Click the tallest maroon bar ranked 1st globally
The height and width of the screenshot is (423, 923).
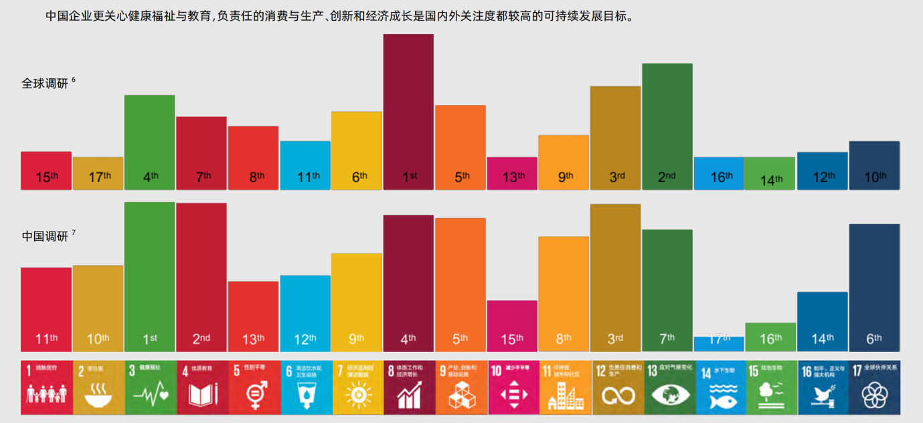408,107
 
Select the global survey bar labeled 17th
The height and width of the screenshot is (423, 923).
98,173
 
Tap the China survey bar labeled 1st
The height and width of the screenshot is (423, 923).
149,274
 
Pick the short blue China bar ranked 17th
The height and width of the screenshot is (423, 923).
719,343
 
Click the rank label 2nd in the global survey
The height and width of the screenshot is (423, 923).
667,177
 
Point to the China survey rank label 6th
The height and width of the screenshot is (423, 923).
874,339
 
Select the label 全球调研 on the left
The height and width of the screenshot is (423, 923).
46,84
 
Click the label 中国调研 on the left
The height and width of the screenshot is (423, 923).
46,236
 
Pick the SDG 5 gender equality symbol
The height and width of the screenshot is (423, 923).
256,395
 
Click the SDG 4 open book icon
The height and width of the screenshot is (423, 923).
203,396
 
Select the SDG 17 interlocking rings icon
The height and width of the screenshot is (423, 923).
873,396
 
